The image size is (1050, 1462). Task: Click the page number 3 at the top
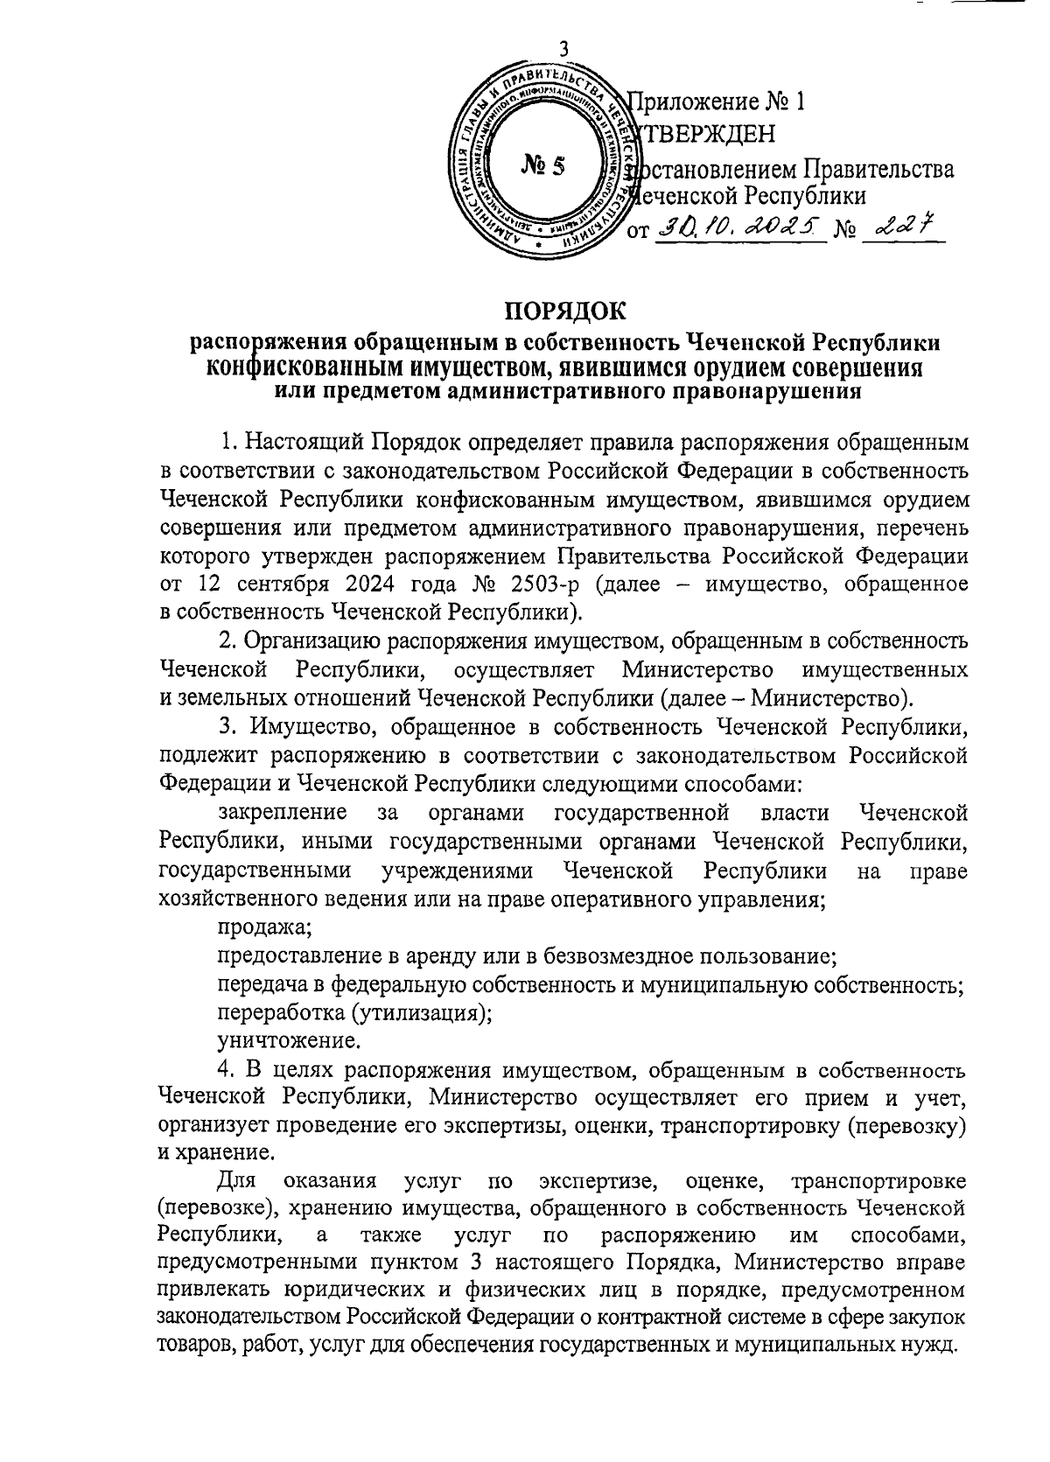click(563, 50)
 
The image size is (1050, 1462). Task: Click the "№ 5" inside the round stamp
click(543, 165)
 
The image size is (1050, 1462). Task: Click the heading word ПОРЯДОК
click(564, 310)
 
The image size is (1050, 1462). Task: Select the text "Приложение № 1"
click(717, 102)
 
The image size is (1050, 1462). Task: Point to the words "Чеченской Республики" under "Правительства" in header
click(749, 196)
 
